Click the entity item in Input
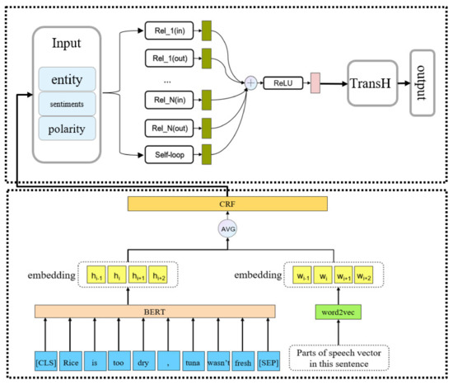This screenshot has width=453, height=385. tap(67, 79)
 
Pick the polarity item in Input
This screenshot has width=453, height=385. tap(67, 129)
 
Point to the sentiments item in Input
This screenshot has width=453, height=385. tap(67, 104)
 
